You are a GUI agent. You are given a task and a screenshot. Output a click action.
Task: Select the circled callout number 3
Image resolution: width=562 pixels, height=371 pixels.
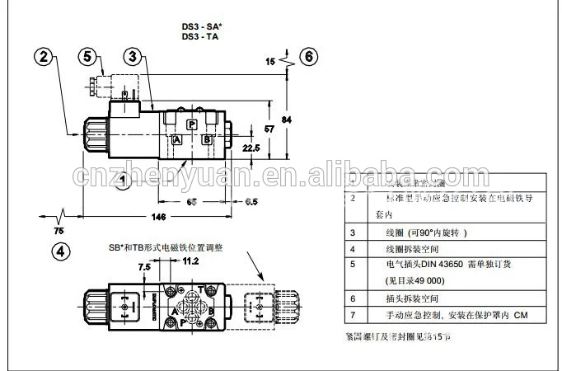coord(133,57)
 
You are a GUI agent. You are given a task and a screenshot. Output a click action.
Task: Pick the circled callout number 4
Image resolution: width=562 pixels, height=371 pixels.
coord(63,251)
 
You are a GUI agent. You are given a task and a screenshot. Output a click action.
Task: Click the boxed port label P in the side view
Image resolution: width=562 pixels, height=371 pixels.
coord(191,124)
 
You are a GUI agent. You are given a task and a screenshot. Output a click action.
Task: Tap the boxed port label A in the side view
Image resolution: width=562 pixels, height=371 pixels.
coord(176,140)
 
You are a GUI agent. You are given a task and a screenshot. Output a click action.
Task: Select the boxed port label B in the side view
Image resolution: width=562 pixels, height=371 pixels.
coord(207,140)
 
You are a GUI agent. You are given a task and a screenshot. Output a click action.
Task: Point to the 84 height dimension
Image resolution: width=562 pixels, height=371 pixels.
coord(287,120)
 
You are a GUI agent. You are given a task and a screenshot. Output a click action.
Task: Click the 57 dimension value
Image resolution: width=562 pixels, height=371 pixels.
coord(269,129)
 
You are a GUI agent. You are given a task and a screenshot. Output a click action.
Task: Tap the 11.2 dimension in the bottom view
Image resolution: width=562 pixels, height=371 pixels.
coord(190,261)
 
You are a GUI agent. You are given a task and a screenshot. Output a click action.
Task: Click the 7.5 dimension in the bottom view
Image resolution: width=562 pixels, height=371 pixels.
coord(144,267)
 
